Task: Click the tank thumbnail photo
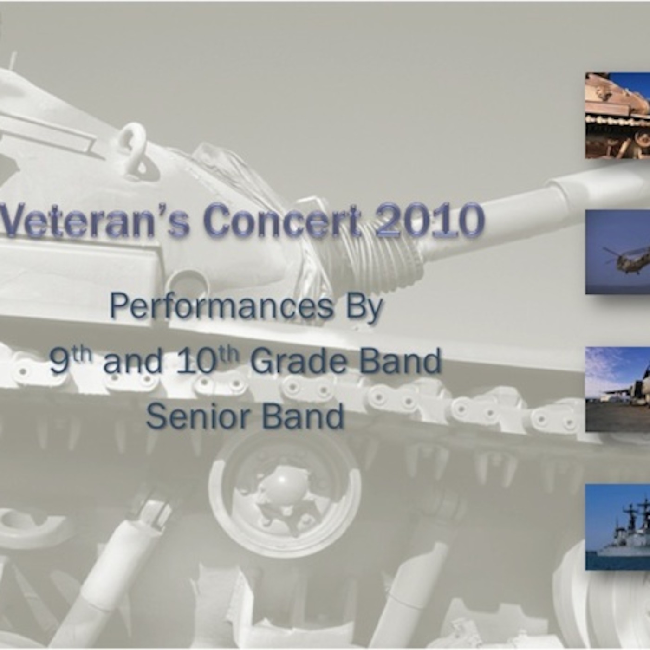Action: [x=617, y=115]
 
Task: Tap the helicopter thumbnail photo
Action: [x=617, y=252]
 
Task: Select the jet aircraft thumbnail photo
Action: [x=617, y=389]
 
